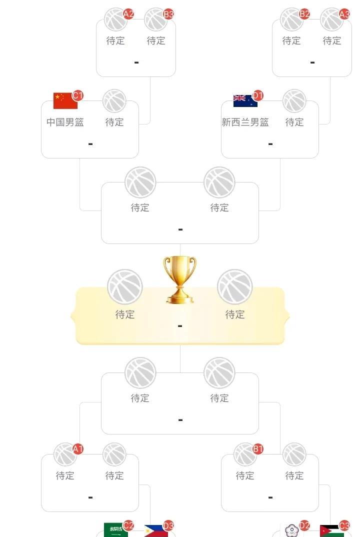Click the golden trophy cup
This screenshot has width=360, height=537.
(180, 279)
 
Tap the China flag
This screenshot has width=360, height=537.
(65, 100)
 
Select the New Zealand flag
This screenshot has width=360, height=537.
(245, 100)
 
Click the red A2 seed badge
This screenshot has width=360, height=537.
(128, 13)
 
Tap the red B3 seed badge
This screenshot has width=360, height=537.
(168, 13)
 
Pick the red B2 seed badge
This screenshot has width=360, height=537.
(304, 13)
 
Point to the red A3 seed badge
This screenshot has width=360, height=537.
(344, 13)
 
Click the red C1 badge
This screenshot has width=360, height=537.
(77, 95)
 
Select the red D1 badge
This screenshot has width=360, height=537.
(257, 95)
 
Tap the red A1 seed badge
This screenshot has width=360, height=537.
(77, 449)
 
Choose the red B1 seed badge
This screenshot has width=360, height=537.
(257, 449)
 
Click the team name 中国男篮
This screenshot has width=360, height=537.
(65, 122)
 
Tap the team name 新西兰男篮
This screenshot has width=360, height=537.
(245, 122)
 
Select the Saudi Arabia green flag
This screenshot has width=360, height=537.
(115, 530)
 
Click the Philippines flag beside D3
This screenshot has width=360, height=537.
(155, 531)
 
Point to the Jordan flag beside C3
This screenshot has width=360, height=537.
(331, 531)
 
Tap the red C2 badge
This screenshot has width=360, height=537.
(128, 525)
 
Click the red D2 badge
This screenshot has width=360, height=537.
(304, 525)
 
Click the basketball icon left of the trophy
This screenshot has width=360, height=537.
(125, 287)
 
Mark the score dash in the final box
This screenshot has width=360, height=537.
(180, 326)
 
